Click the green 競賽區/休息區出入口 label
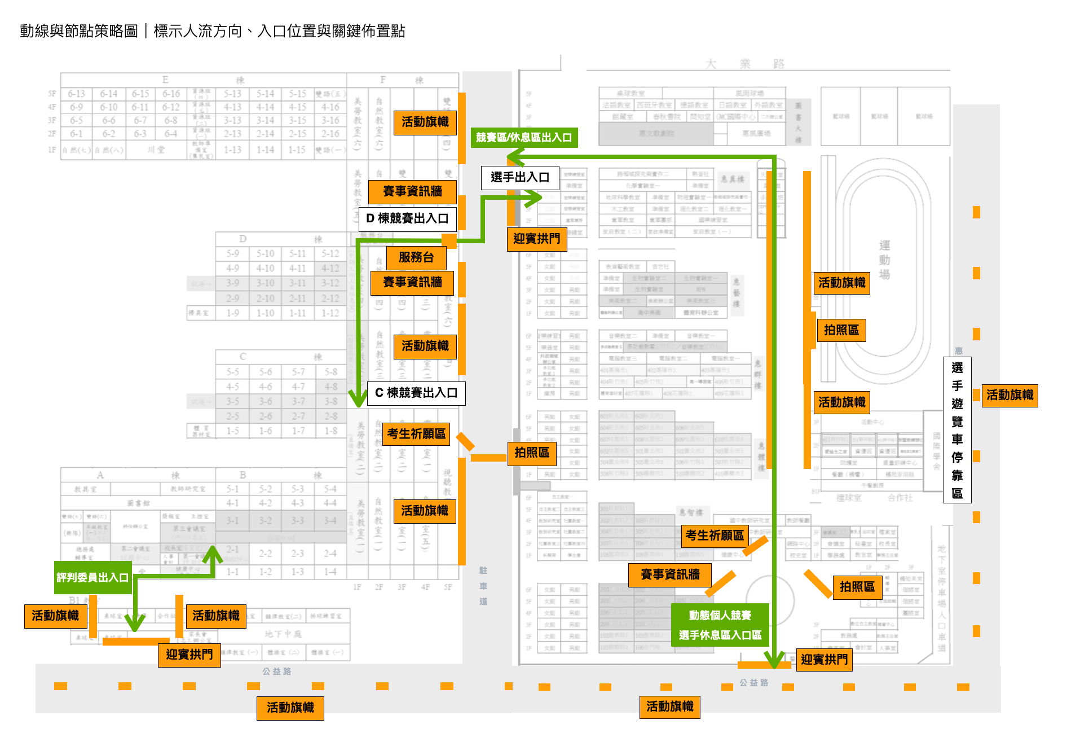(524, 137)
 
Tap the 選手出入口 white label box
(520, 177)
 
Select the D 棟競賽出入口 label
(407, 218)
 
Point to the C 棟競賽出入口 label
(416, 393)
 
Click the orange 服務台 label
(416, 257)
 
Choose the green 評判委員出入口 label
(93, 577)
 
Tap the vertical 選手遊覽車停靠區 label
(957, 430)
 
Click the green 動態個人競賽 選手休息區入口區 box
(720, 625)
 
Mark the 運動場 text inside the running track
(884, 260)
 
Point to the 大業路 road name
(744, 64)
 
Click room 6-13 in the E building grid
(77, 94)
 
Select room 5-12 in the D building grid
(330, 254)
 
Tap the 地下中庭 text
(283, 634)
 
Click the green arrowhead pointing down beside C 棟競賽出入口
(358, 399)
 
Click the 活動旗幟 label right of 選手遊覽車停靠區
(1009, 395)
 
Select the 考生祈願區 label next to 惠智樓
(715, 535)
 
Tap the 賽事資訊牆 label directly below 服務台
(412, 282)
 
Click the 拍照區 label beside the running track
(841, 330)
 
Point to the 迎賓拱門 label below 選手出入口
(536, 239)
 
